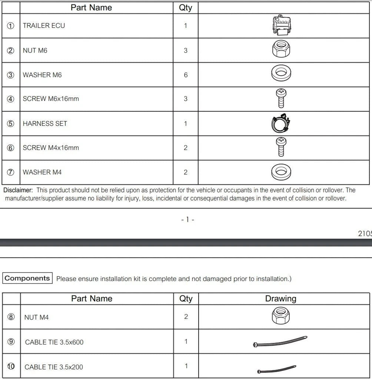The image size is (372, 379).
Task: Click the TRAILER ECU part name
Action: tap(44, 26)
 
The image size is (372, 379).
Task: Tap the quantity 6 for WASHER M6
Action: tap(186, 75)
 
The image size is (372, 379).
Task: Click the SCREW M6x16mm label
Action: tap(51, 99)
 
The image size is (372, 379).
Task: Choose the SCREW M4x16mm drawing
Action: tap(281, 147)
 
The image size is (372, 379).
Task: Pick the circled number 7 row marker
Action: tap(11, 172)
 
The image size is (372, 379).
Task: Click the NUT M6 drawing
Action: tap(281, 50)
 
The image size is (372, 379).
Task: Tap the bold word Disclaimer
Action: tap(18, 190)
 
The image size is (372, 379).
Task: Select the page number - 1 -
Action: tap(188, 220)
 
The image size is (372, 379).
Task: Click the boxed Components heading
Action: tap(27, 278)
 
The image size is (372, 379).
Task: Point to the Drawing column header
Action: tap(280, 298)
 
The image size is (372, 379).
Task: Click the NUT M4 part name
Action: tap(36, 317)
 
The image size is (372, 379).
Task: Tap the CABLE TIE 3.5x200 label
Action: tap(54, 367)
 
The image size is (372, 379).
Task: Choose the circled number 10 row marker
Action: tap(11, 366)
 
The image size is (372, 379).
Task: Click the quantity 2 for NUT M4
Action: tap(186, 317)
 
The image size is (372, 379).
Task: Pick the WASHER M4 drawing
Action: tap(281, 172)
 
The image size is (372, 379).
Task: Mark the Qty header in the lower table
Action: tap(186, 298)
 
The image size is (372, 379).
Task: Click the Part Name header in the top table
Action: tap(91, 7)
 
